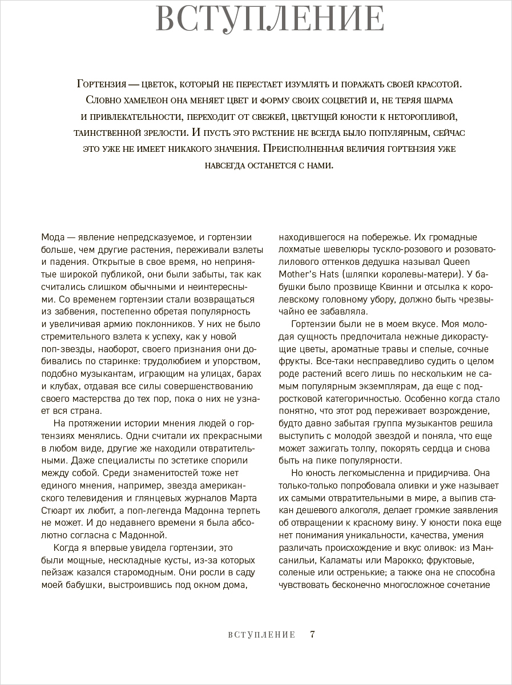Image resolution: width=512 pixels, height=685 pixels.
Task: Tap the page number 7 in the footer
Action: (312, 634)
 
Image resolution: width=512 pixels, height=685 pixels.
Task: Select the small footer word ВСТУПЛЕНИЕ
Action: (261, 635)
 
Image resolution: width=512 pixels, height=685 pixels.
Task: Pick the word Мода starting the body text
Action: (54, 237)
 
